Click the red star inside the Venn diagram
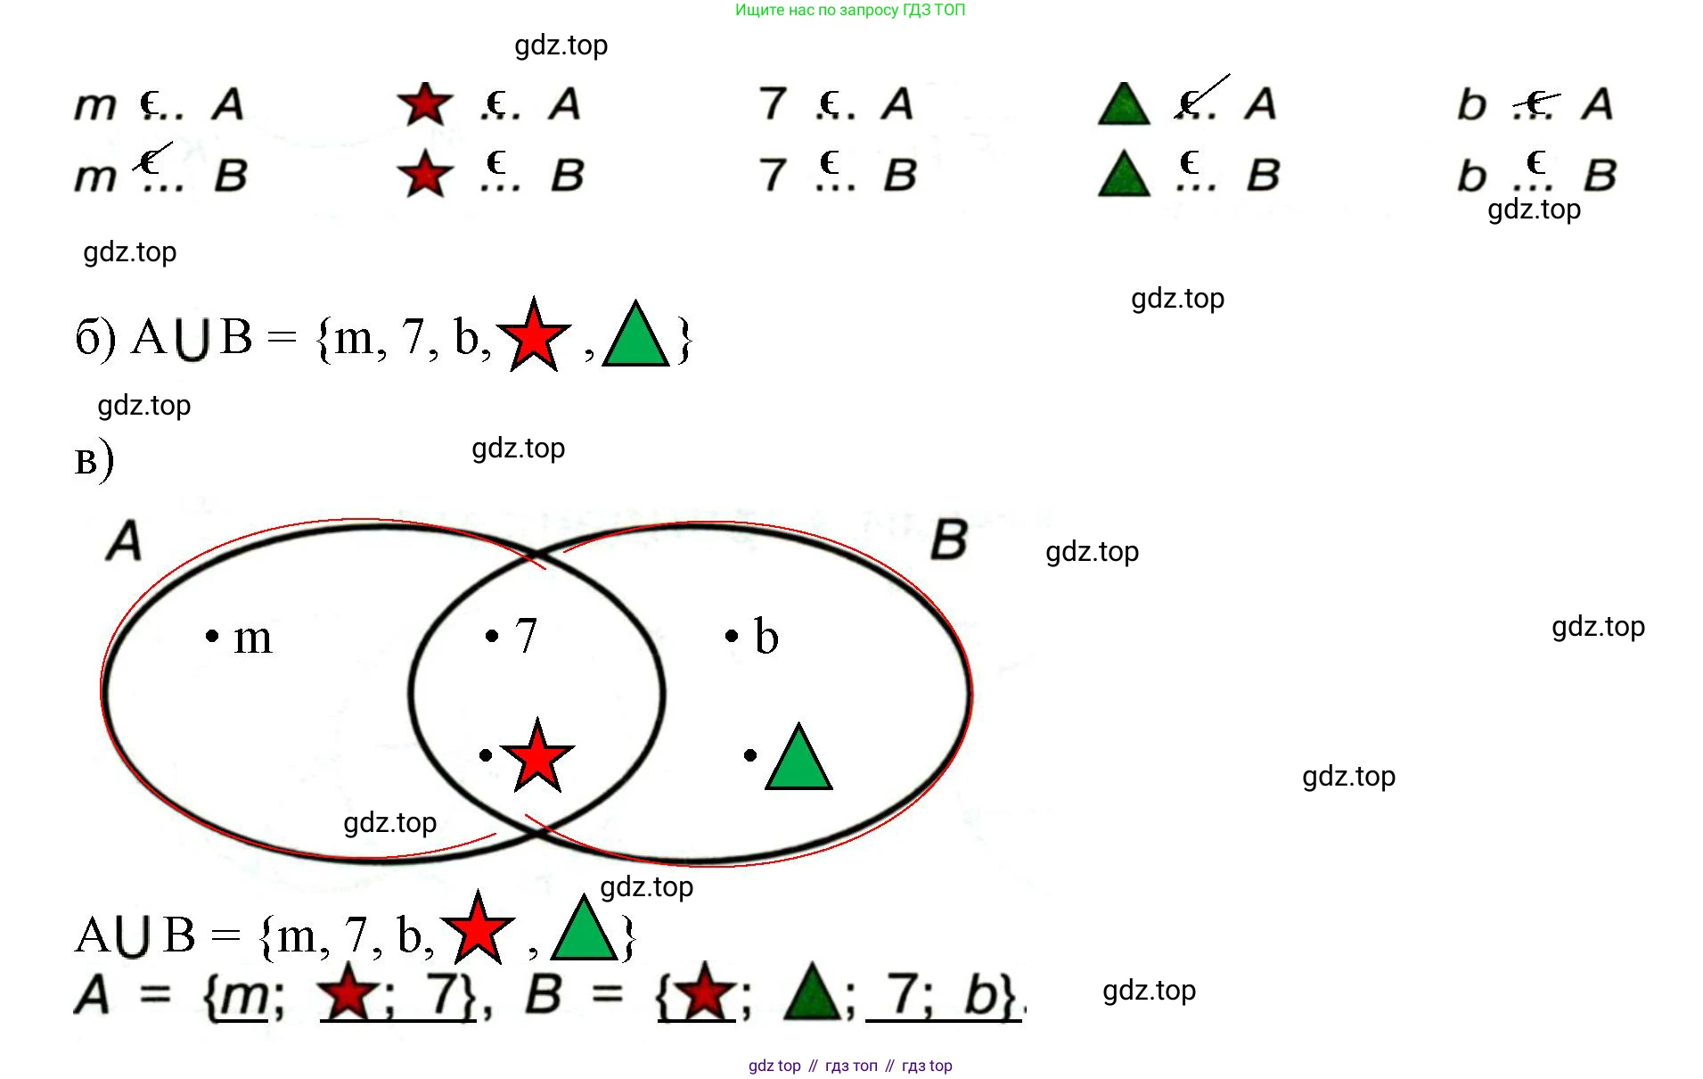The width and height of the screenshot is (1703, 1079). tap(537, 756)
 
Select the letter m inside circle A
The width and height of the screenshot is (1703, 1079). tap(252, 638)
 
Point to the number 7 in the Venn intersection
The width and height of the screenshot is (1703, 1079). tap(526, 636)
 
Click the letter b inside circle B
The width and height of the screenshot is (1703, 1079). tap(766, 637)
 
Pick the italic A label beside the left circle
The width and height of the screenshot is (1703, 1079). tap(124, 540)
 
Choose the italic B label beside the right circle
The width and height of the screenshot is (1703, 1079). tap(949, 539)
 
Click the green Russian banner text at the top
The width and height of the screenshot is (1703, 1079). tap(849, 10)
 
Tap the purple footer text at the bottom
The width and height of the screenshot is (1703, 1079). tap(849, 1066)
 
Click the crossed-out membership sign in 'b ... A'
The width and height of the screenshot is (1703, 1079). tap(1535, 103)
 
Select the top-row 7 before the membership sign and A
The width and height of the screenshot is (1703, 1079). tap(773, 103)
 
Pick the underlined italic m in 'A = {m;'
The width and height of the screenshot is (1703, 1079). tap(245, 997)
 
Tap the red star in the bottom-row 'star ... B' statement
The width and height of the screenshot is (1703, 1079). tap(425, 174)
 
